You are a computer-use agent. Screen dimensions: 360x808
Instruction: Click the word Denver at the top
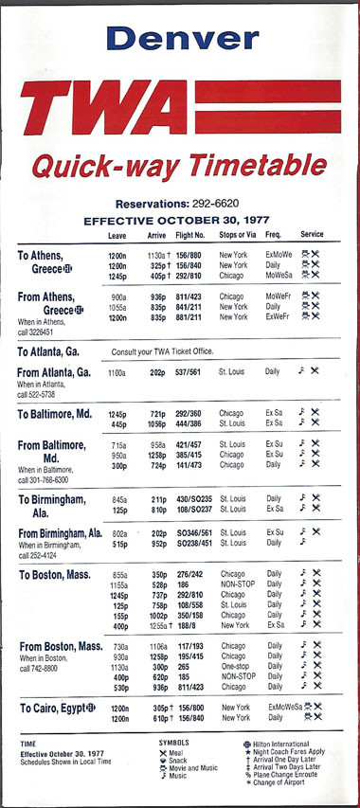pos(183,38)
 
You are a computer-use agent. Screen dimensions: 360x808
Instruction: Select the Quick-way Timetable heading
pos(180,167)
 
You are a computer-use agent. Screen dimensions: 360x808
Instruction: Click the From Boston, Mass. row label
pos(62,646)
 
